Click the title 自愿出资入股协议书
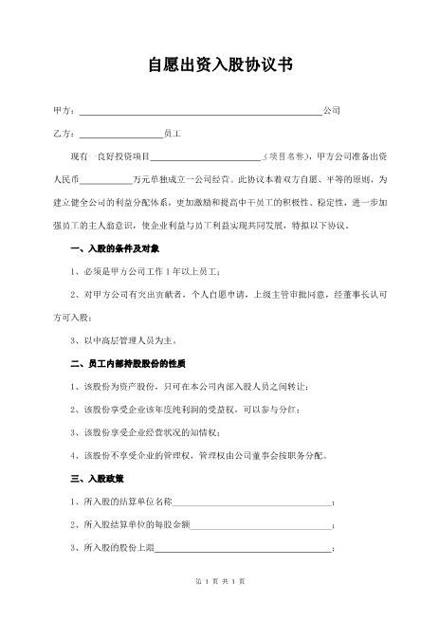click(219, 65)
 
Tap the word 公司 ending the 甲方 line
click(332, 111)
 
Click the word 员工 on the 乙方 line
click(172, 134)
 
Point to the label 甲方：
click(63, 111)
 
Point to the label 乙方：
click(63, 134)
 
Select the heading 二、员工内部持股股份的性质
click(128, 362)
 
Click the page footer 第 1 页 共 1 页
click(219, 606)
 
